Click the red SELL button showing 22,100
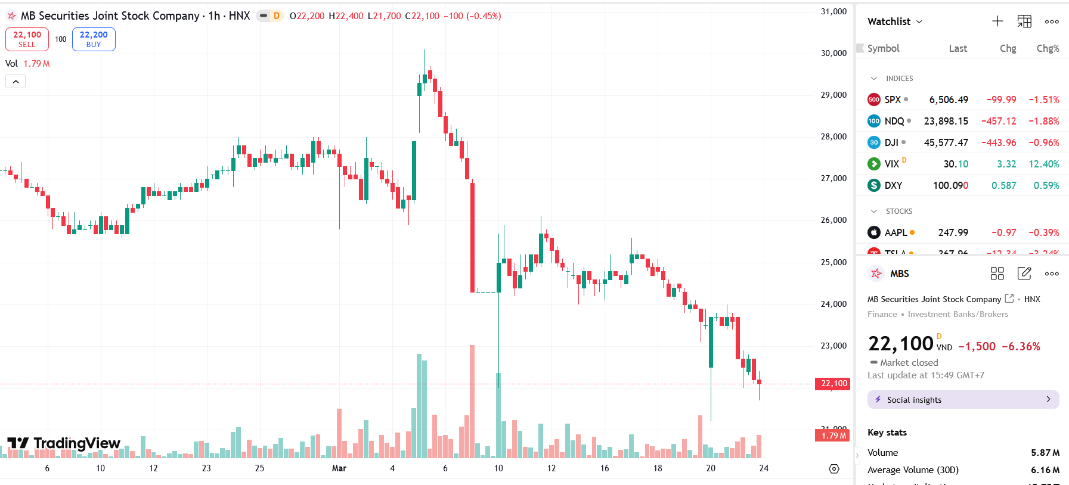click(27, 39)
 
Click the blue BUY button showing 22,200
click(94, 39)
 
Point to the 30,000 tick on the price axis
click(833, 53)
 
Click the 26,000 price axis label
click(833, 220)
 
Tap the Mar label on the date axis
click(339, 468)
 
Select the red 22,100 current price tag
click(833, 384)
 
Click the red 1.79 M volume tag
click(833, 436)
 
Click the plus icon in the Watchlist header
click(997, 21)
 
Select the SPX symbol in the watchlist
click(893, 100)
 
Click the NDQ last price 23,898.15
click(946, 121)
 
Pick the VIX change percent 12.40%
click(1043, 164)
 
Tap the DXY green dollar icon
click(874, 185)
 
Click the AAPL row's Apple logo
click(874, 232)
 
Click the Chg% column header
click(1048, 48)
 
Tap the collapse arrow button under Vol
click(16, 82)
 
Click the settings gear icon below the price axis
click(834, 469)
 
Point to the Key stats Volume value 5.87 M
click(1045, 453)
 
